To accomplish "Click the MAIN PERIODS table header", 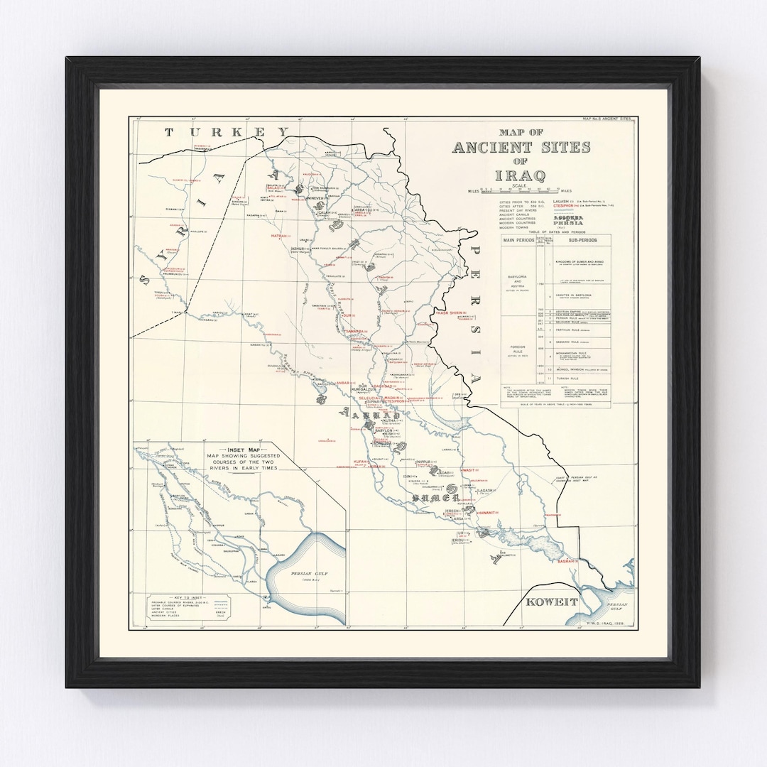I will (x=522, y=239).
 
